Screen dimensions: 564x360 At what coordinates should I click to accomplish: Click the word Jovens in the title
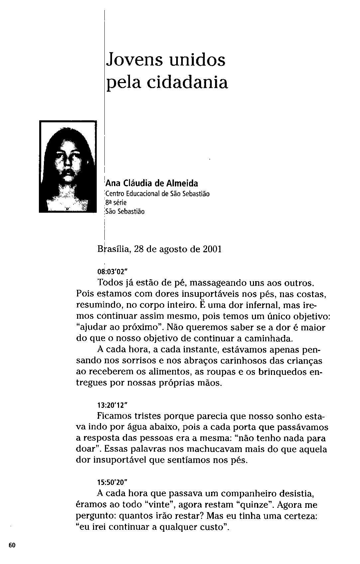pos(136,60)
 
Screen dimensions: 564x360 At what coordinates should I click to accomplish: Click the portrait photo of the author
pos(67,167)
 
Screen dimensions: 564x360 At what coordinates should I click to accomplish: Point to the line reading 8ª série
pos(116,202)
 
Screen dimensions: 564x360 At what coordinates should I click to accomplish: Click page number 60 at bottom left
pos(12,545)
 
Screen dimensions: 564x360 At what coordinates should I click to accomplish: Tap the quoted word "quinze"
pos(255,505)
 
